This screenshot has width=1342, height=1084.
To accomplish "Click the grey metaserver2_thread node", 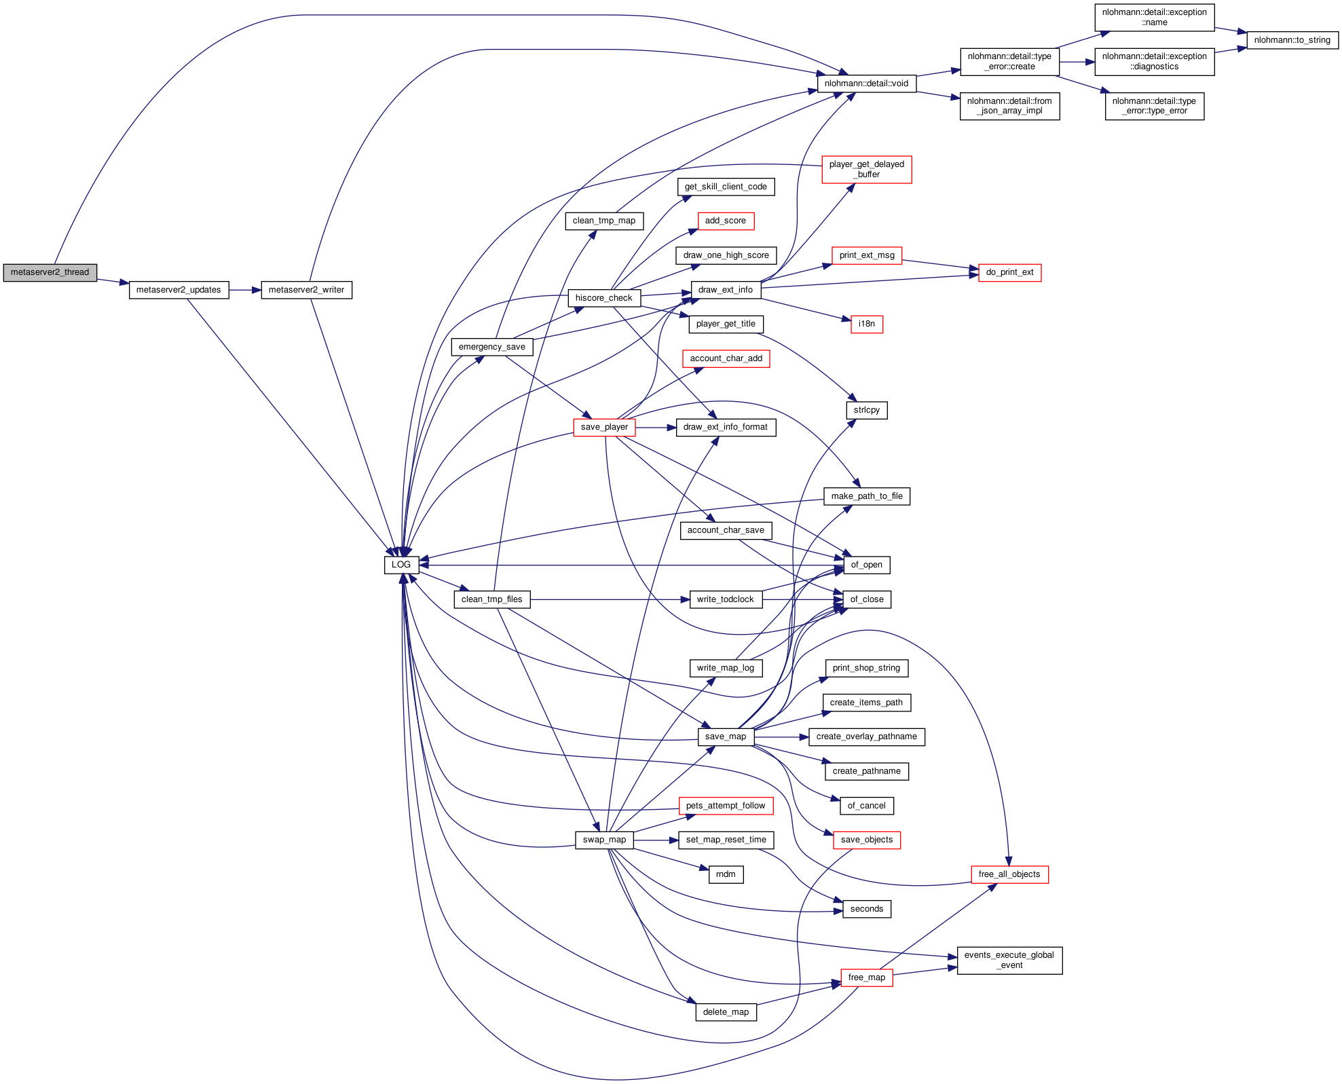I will [50, 272].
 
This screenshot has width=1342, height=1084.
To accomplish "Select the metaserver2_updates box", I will [179, 290].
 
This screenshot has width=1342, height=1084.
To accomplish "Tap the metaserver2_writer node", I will [306, 290].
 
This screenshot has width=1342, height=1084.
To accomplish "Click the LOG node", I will [401, 565].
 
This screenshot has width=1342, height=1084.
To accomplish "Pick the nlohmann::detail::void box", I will [866, 83].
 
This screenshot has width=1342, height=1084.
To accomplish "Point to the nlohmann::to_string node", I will [1292, 40].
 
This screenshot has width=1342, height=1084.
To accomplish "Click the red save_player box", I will [604, 427].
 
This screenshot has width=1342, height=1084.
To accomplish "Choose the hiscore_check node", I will [603, 298].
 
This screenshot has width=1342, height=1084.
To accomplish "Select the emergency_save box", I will [491, 347].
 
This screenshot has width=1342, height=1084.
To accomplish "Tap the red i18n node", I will [866, 324].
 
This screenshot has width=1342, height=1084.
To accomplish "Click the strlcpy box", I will [866, 410].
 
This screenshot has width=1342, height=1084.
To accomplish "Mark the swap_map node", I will [604, 840].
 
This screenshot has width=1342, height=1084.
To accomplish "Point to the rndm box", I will [726, 874].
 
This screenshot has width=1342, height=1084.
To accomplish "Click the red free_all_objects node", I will [1009, 874].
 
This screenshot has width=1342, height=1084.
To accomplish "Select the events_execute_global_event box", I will [1009, 960].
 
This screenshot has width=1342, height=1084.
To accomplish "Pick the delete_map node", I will [726, 1012].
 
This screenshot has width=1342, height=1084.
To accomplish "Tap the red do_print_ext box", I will [1009, 272].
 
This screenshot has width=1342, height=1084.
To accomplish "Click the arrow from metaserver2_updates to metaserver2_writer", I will [245, 290].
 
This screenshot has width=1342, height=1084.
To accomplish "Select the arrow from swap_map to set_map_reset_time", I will [656, 840].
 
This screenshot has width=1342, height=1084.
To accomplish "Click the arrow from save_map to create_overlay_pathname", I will [781, 736].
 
